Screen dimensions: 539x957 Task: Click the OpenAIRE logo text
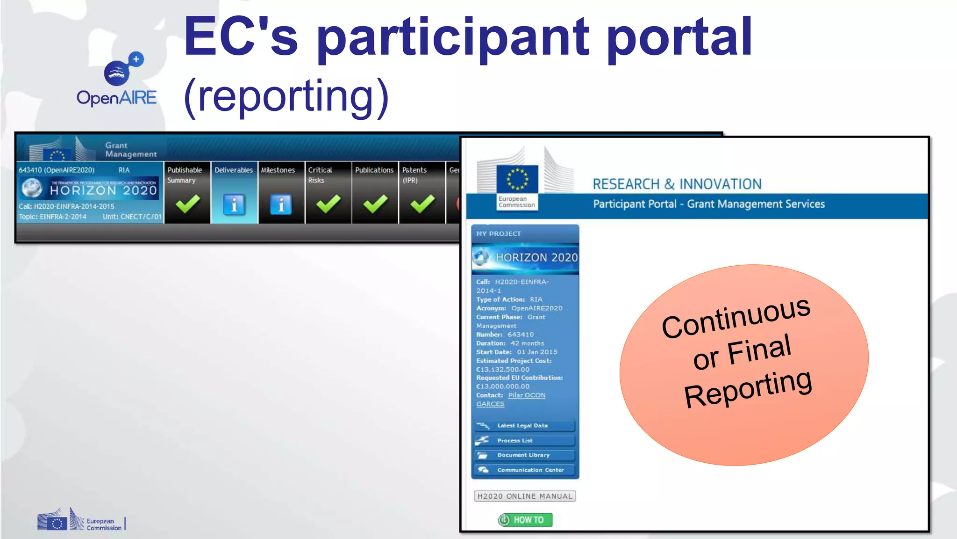(x=116, y=98)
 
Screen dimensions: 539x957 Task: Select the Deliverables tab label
(x=234, y=170)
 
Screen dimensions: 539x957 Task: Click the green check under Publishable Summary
(x=187, y=204)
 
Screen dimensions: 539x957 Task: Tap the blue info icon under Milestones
(x=281, y=204)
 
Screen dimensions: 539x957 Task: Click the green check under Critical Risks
(x=328, y=204)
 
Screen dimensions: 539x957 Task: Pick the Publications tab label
(x=374, y=170)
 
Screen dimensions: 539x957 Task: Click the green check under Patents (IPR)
(x=422, y=204)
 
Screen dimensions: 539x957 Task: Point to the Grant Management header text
(x=130, y=150)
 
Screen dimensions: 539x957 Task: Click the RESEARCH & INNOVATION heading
(x=677, y=184)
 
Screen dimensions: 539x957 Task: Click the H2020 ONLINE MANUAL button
(x=524, y=496)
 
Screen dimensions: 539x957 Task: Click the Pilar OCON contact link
(x=527, y=395)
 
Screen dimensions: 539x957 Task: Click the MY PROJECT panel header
(x=498, y=233)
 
